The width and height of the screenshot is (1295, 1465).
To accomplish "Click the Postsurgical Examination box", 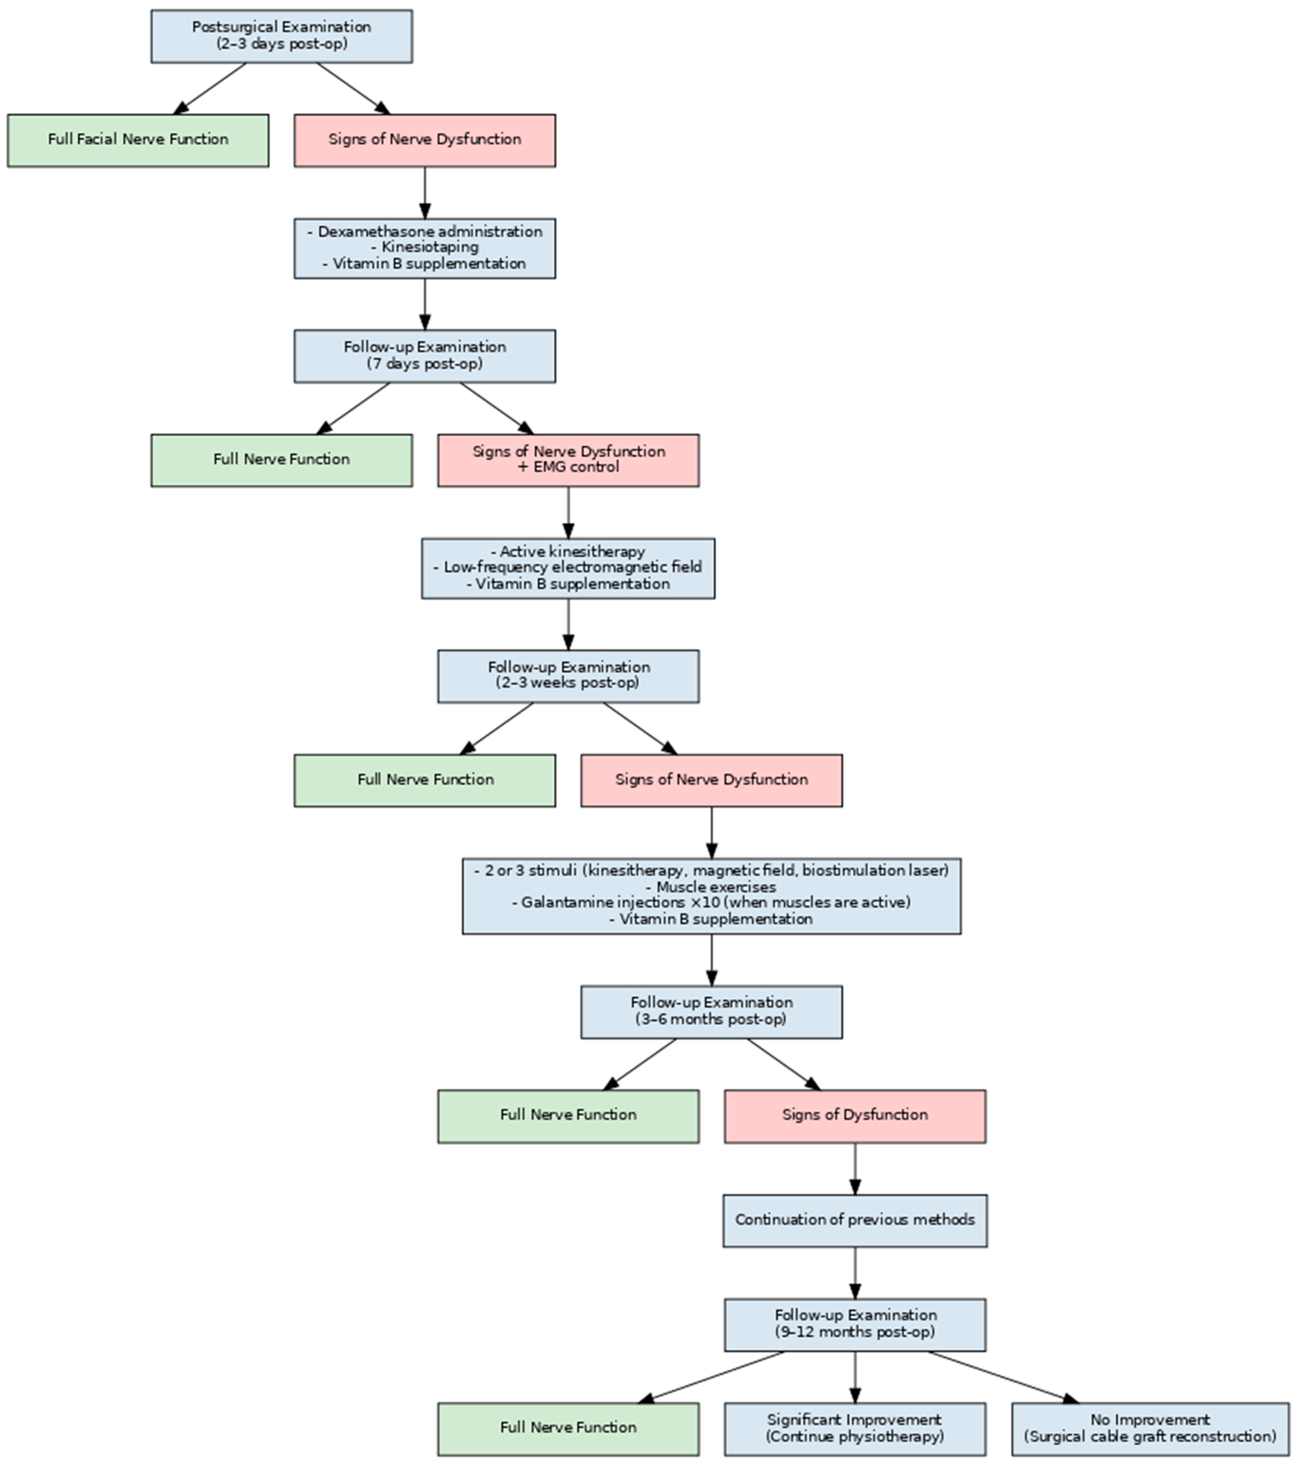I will (281, 36).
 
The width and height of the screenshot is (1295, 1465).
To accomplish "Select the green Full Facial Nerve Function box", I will (138, 140).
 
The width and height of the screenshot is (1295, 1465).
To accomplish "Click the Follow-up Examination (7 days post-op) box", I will (425, 356).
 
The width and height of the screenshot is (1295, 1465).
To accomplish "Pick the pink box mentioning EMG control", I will (568, 460).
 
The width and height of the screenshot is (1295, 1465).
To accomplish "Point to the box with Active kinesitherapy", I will (568, 568).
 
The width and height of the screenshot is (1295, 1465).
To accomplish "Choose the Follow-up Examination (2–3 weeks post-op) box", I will (568, 676).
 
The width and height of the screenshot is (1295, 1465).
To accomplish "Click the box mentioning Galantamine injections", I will (711, 896).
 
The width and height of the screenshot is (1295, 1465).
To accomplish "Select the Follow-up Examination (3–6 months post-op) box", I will (711, 1011).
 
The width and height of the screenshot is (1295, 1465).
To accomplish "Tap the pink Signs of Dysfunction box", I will (855, 1116).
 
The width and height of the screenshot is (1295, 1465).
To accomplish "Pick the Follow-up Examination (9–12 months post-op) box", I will (855, 1325).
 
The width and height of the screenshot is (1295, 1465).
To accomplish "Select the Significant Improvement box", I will (855, 1429).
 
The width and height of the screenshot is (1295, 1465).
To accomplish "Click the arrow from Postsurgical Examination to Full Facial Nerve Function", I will (210, 88).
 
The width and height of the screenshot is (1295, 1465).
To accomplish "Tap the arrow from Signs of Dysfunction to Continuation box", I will (855, 1168).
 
